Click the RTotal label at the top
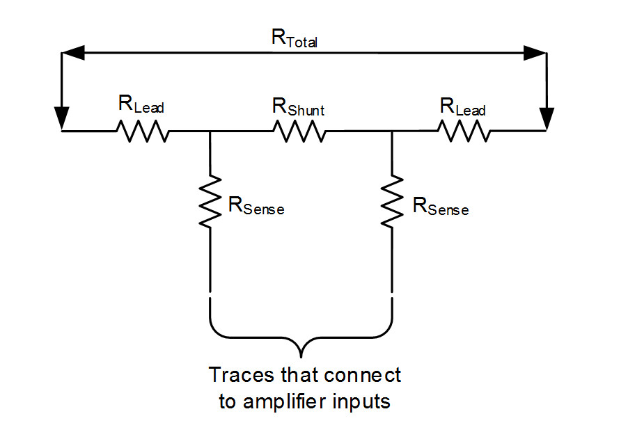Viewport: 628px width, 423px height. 295,38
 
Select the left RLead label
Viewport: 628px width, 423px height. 141,104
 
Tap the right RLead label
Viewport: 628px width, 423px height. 462,107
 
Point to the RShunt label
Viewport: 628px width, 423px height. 299,107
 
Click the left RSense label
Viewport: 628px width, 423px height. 256,206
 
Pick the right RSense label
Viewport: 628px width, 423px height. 441,207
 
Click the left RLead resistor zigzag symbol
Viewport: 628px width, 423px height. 143,131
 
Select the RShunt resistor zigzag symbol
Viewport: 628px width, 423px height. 299,131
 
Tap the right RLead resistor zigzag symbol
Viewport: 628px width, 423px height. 464,131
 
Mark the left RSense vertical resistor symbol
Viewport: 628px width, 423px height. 210,201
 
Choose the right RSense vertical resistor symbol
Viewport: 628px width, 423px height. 392,201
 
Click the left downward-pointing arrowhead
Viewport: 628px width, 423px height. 62,118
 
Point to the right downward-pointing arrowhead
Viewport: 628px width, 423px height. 547,119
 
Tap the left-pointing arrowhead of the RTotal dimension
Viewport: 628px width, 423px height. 73,52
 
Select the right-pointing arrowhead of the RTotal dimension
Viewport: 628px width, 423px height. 535,53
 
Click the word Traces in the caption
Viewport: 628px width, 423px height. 242,375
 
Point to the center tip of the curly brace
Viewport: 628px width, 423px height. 301,357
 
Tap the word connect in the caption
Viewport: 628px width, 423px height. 363,376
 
